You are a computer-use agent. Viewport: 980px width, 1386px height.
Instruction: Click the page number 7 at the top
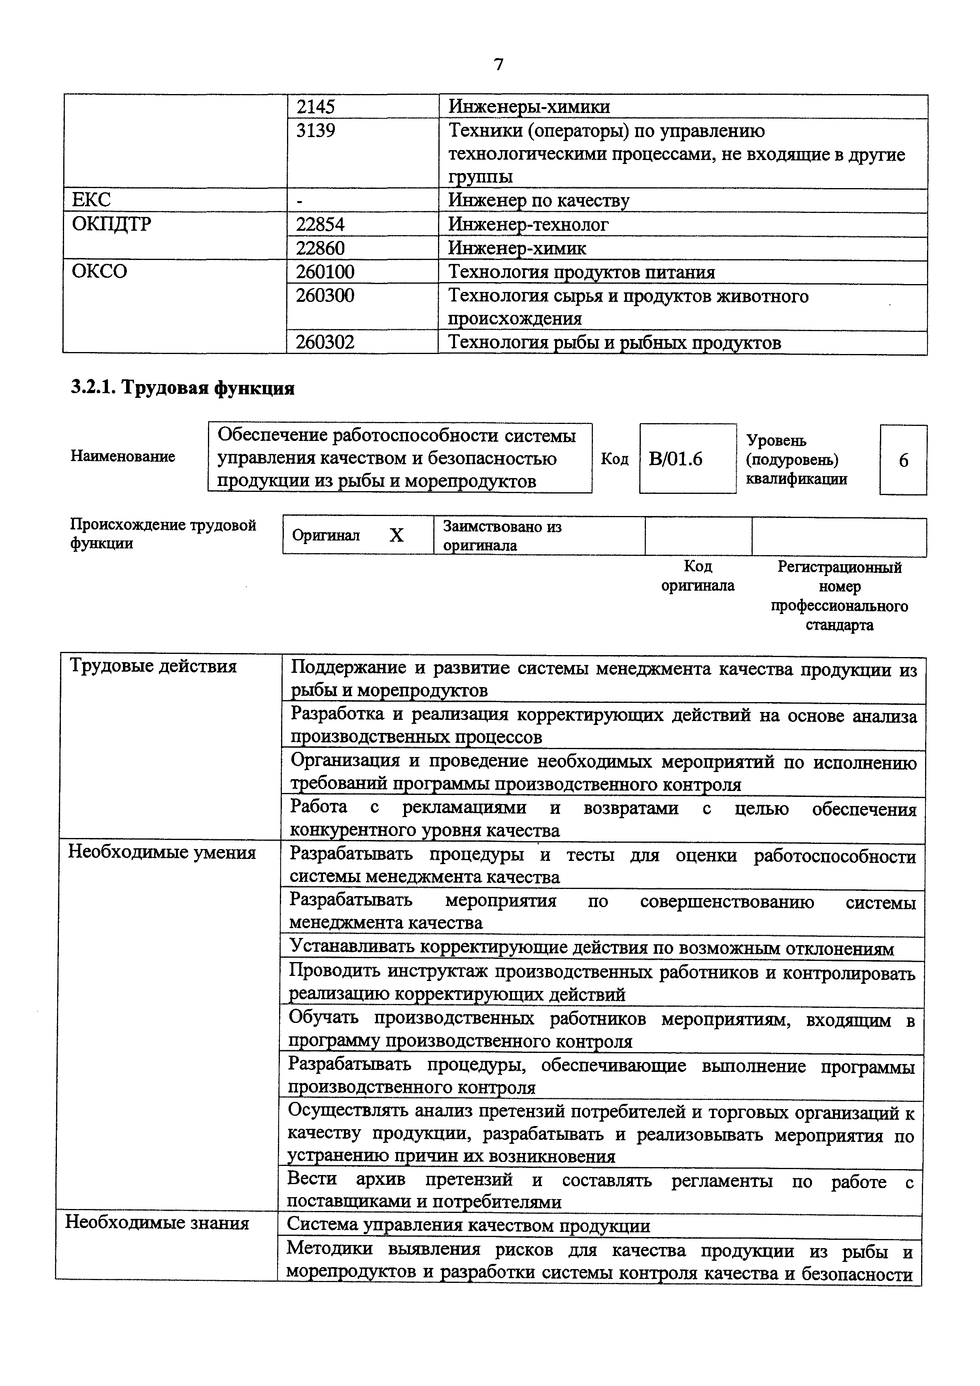[x=498, y=64]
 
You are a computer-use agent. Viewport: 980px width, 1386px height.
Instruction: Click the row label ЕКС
[x=91, y=200]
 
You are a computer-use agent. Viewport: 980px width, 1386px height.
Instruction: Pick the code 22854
[x=320, y=224]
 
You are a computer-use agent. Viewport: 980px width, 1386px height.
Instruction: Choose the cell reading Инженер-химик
[x=517, y=248]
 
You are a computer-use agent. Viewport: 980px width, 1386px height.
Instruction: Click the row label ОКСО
[x=100, y=272]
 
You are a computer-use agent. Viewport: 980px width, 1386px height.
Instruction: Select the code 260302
[x=325, y=343]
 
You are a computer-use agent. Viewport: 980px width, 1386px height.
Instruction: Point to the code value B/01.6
[x=676, y=459]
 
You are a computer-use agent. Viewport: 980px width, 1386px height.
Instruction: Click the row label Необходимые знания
[x=157, y=1223]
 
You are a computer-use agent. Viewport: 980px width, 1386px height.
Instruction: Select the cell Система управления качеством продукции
[x=468, y=1226]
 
